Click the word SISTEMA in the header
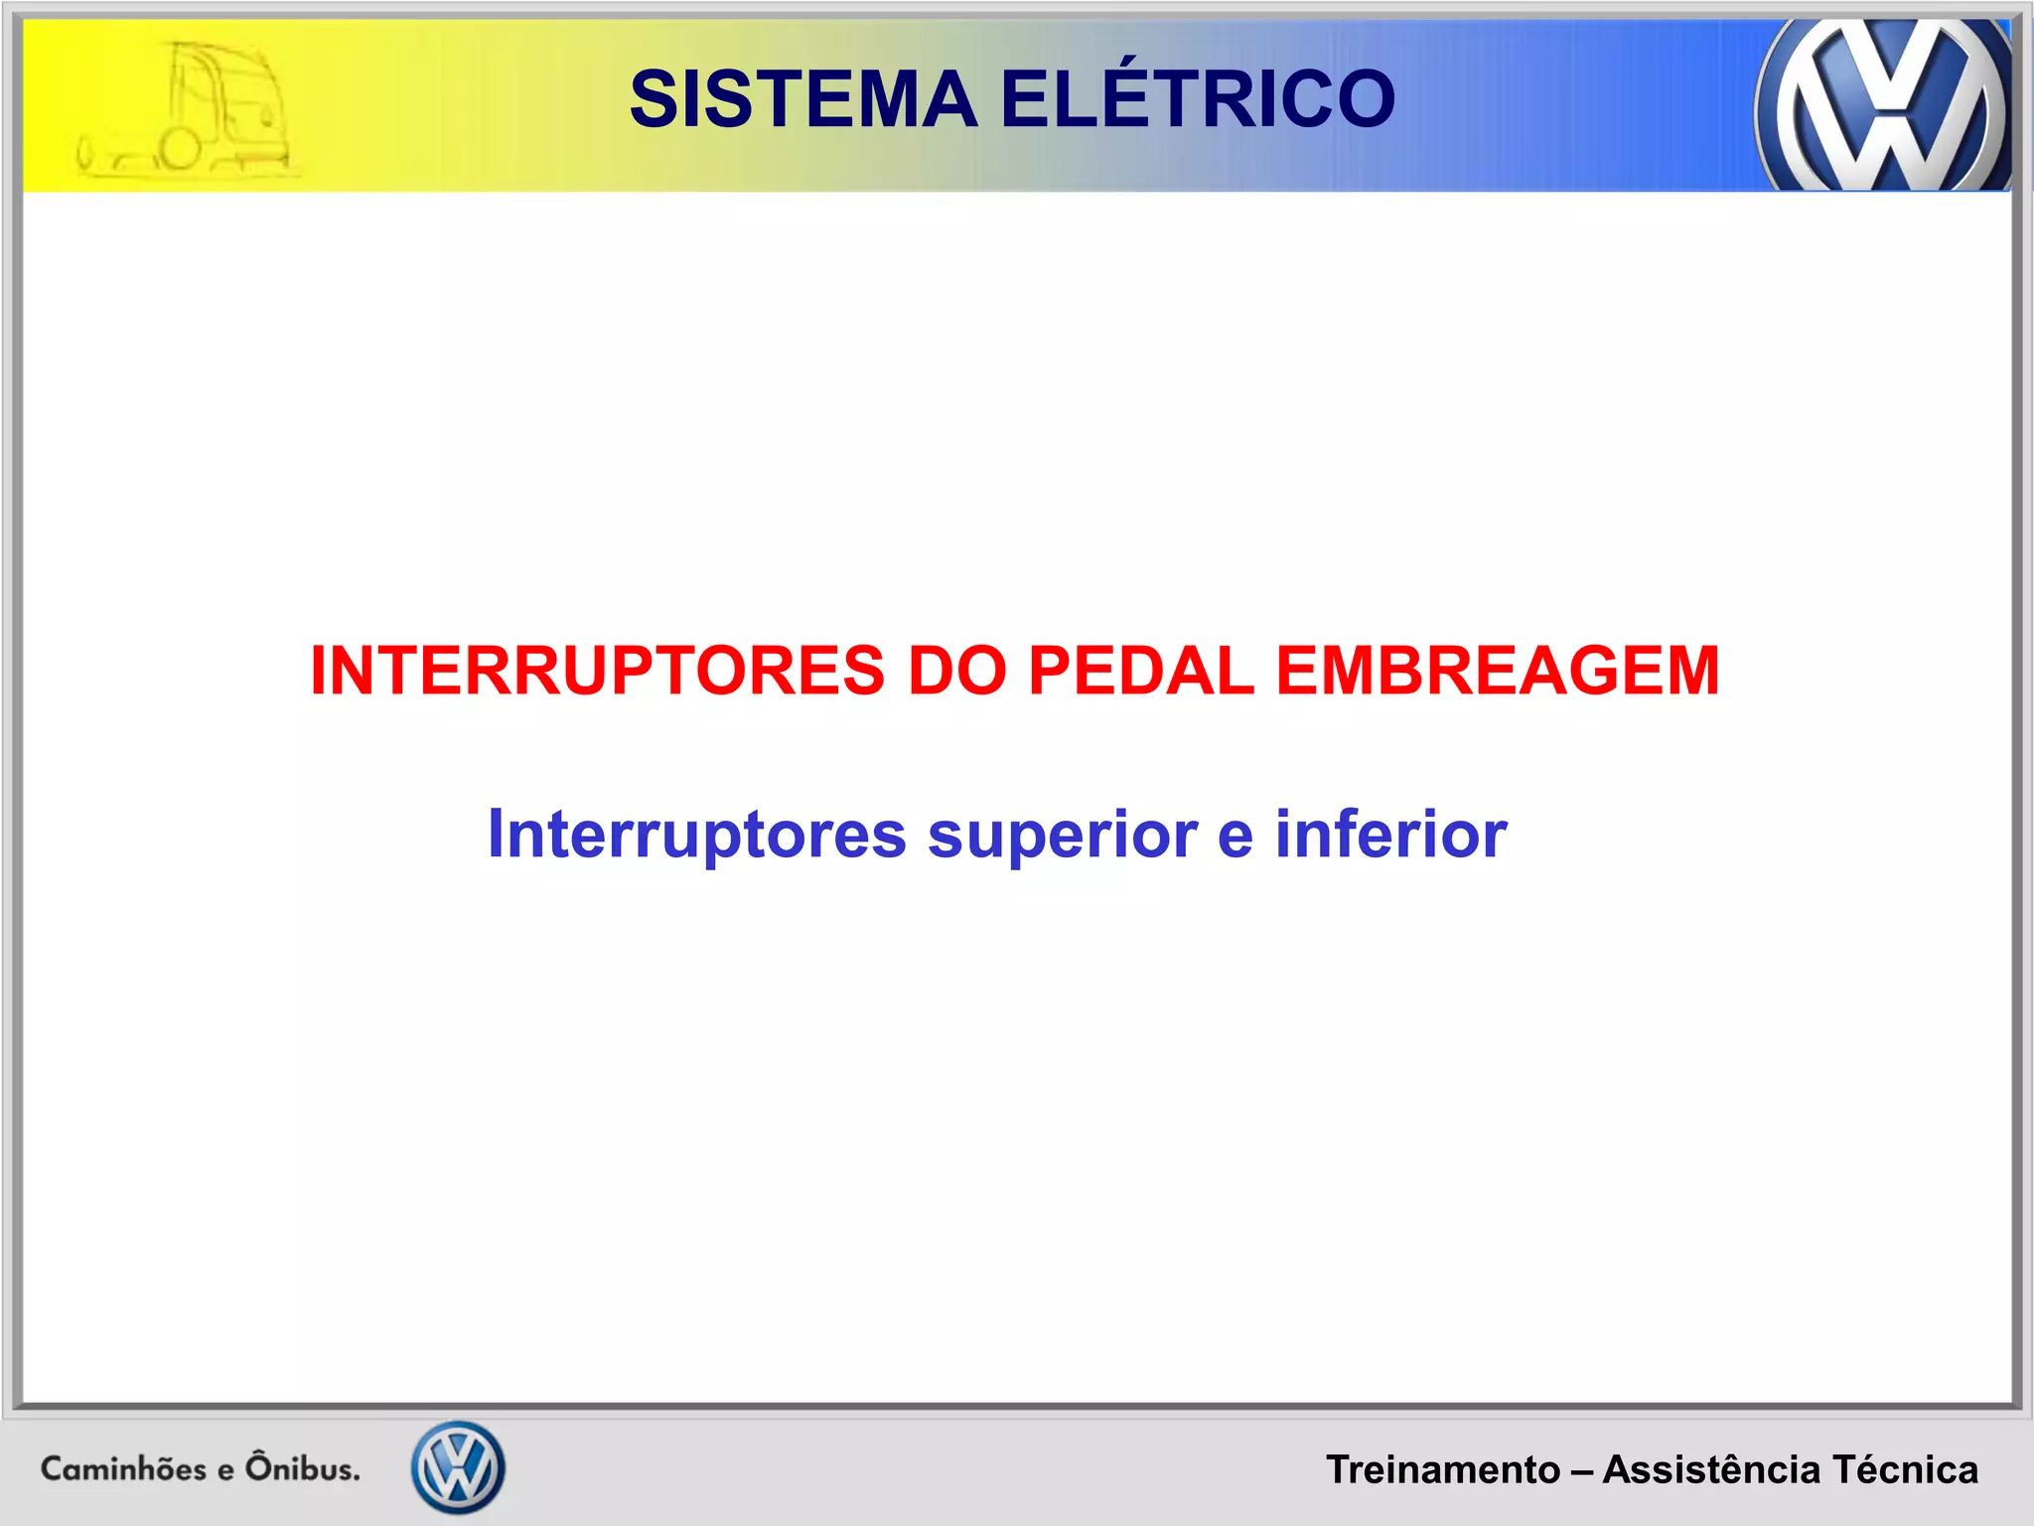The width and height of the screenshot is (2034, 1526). click(803, 99)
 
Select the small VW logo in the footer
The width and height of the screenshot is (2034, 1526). click(458, 1467)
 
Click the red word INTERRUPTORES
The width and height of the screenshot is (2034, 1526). click(597, 671)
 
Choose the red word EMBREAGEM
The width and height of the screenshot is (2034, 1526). click(1498, 671)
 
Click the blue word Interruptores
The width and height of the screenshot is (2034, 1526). click(696, 834)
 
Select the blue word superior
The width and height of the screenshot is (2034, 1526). click(1063, 836)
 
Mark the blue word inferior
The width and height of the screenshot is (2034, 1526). click(1390, 834)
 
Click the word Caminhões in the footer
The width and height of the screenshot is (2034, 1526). click(123, 1468)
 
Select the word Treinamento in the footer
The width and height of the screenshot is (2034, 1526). click(1443, 1470)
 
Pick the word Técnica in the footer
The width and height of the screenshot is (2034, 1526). click(1906, 1470)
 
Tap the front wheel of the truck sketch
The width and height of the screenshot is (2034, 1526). click(180, 149)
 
